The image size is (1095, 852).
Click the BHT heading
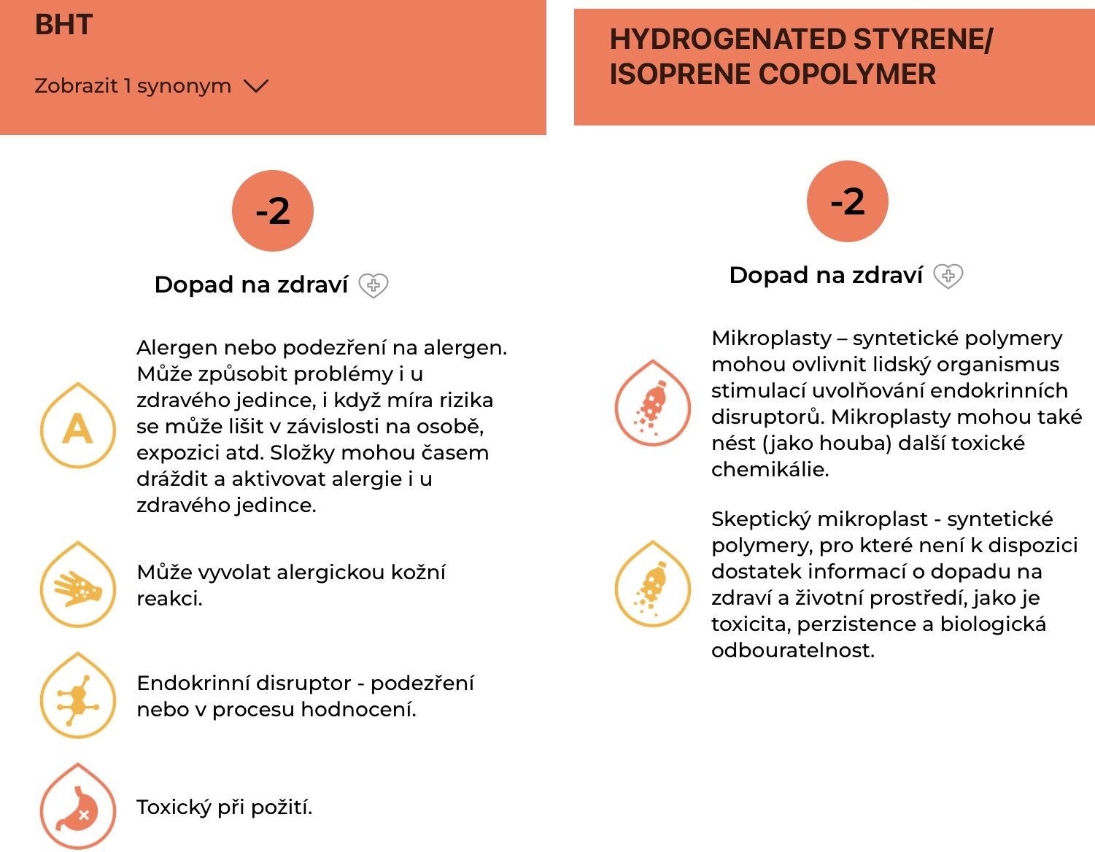point(64,26)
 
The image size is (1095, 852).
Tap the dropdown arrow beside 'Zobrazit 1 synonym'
point(256,86)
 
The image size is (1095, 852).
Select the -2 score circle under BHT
point(273,211)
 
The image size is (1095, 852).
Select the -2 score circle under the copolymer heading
point(848,201)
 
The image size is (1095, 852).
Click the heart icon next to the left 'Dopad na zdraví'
point(374,285)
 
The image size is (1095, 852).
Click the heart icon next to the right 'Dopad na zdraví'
point(948,276)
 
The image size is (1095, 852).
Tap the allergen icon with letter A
point(78,426)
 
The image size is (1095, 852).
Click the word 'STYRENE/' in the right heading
point(923,39)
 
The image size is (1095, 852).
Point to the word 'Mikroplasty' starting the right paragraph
point(771,338)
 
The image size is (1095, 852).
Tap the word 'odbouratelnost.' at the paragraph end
point(793,651)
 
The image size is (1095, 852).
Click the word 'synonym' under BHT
point(184,86)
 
